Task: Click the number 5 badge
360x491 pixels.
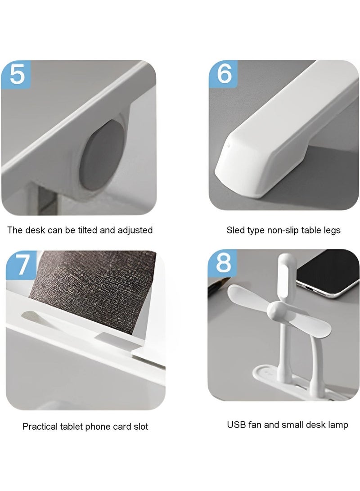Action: point(16,75)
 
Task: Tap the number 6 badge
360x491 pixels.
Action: point(224,74)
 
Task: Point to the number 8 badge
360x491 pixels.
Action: point(223,262)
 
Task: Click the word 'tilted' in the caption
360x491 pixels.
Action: point(87,230)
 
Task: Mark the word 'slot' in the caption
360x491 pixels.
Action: point(140,427)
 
